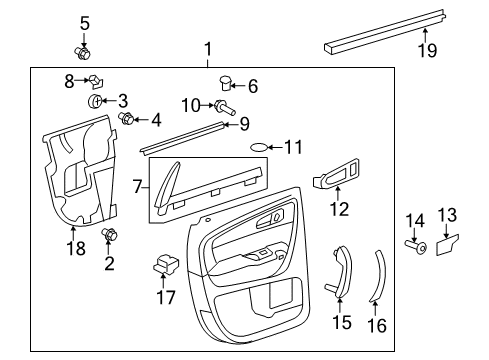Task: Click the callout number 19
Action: point(428,51)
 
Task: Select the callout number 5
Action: point(84,21)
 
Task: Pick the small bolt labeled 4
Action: point(128,120)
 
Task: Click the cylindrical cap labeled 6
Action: point(225,83)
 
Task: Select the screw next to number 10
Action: point(220,105)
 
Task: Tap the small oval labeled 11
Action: point(259,147)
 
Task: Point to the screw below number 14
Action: point(416,247)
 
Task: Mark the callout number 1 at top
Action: point(208,49)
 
